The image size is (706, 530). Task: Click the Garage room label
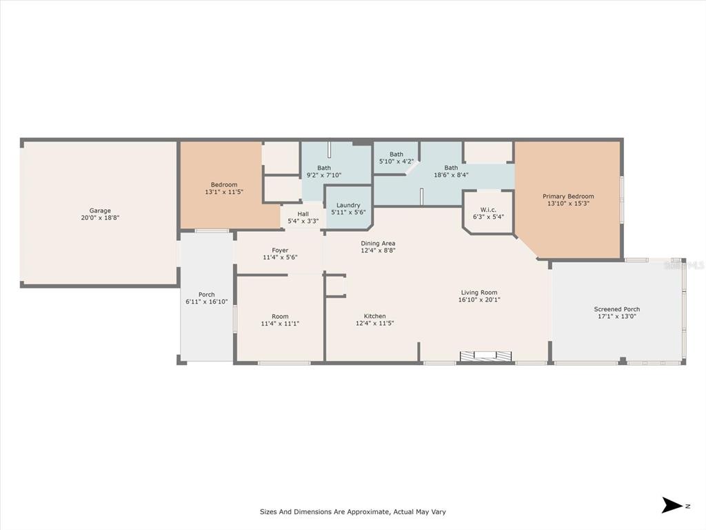100,210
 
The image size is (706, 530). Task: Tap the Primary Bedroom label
568,197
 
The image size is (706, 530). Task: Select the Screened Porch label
617,309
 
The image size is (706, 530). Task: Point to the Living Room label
479,293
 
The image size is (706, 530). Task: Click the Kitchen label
374,316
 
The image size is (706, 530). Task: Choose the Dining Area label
378,244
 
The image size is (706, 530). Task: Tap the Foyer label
280,251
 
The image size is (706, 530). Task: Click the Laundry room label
348,205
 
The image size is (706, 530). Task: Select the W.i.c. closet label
488,210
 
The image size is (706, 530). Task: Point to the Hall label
303,214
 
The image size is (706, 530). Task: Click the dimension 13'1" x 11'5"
224,192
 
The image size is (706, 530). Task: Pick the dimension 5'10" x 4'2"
396,161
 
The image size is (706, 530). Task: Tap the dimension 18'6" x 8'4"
451,175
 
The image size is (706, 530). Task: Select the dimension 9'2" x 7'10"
324,175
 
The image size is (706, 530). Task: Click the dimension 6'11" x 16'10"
207,302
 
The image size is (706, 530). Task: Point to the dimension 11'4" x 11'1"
280,323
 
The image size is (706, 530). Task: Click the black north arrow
672,505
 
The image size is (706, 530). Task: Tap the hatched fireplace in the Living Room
486,356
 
